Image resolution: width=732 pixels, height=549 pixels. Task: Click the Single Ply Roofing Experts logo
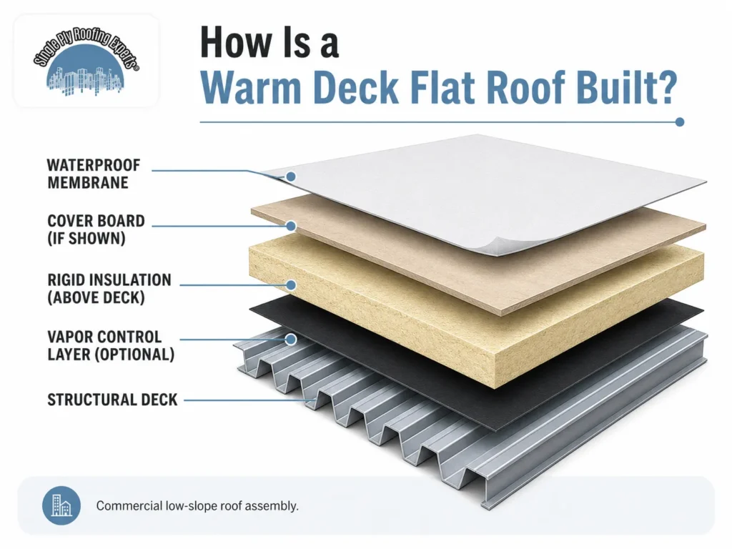(x=86, y=61)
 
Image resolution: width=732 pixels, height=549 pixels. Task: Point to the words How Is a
(x=269, y=42)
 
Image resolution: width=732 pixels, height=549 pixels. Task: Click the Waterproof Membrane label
(x=94, y=174)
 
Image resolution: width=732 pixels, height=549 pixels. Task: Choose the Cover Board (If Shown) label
(x=96, y=229)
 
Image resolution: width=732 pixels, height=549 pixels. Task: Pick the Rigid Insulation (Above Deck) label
(x=109, y=289)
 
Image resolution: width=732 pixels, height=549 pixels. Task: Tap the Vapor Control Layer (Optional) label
(x=111, y=345)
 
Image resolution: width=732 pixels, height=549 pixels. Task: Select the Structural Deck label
(x=112, y=400)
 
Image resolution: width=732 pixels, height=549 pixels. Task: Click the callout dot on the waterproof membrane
(x=291, y=177)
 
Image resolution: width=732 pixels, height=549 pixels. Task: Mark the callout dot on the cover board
(x=291, y=226)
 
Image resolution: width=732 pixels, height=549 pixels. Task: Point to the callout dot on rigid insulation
(x=291, y=285)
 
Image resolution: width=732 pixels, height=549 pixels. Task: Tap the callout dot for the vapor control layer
(x=291, y=340)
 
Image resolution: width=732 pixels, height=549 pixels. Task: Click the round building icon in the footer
(x=61, y=505)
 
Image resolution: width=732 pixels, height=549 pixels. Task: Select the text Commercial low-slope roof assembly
(x=197, y=505)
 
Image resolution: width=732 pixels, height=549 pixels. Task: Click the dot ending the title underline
(x=680, y=122)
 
